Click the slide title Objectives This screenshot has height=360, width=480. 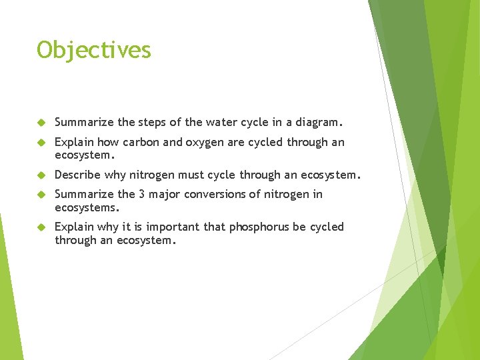point(94,50)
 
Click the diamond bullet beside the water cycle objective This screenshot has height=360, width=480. point(41,123)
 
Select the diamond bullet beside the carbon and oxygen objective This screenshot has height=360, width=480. point(41,143)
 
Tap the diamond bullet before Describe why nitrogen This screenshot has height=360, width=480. point(41,175)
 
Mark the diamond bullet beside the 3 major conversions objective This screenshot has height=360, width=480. point(41,195)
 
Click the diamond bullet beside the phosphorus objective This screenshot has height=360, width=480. point(41,227)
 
